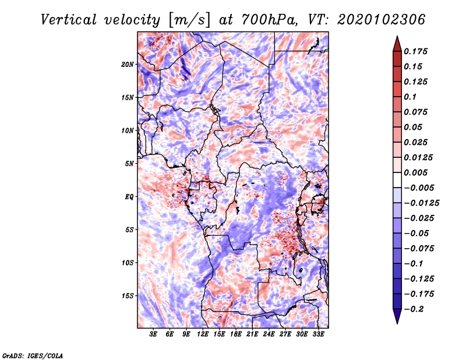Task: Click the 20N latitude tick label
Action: [128, 64]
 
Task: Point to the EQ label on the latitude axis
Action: [129, 196]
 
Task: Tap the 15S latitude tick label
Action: [128, 295]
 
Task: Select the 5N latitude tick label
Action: [129, 163]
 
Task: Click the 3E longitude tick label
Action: [154, 334]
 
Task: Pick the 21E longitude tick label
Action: [252, 334]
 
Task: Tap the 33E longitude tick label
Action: [318, 334]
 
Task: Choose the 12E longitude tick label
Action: [203, 334]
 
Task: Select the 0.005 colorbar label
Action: [416, 172]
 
